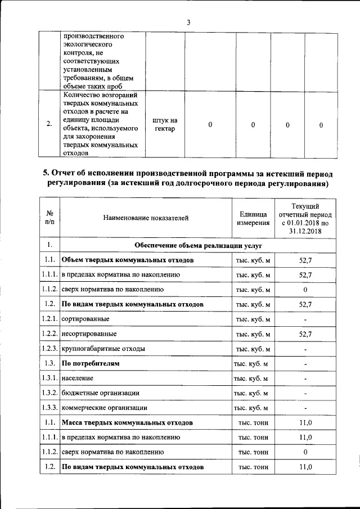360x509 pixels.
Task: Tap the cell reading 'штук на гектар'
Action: (x=165, y=125)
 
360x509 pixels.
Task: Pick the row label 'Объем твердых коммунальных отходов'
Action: (x=128, y=260)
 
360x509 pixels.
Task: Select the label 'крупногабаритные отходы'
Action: (x=103, y=349)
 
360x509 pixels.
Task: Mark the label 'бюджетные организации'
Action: (x=101, y=393)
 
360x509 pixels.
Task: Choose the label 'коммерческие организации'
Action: (x=105, y=408)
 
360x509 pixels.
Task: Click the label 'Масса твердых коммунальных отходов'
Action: (x=127, y=422)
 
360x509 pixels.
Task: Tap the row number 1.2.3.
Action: (x=49, y=349)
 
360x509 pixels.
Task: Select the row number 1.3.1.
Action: (x=49, y=378)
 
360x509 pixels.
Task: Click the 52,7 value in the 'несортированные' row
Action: (x=305, y=334)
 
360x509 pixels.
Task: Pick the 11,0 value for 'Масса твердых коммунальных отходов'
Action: (x=305, y=422)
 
